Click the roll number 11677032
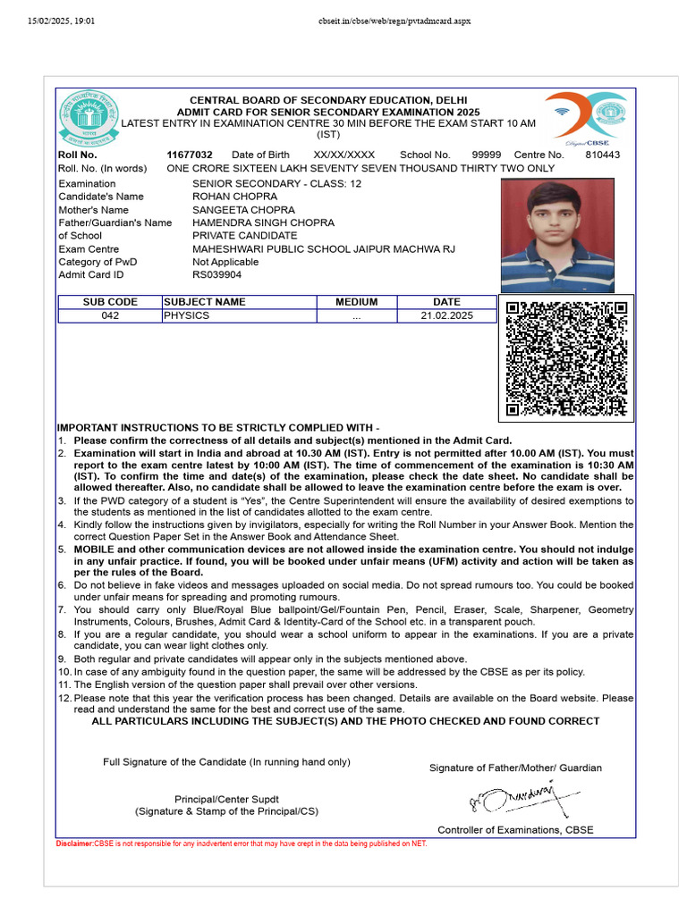click(190, 155)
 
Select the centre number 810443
click(602, 155)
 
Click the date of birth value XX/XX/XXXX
click(344, 155)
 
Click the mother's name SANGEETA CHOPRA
click(243, 209)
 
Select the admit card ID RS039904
click(216, 274)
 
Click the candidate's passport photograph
click(557, 236)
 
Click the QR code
click(566, 358)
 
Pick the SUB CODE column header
click(110, 302)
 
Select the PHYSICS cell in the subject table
click(186, 315)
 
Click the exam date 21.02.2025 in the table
click(446, 315)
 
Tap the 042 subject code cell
click(110, 315)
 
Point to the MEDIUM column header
click(356, 302)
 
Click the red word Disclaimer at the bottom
click(74, 844)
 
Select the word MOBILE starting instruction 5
click(95, 549)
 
